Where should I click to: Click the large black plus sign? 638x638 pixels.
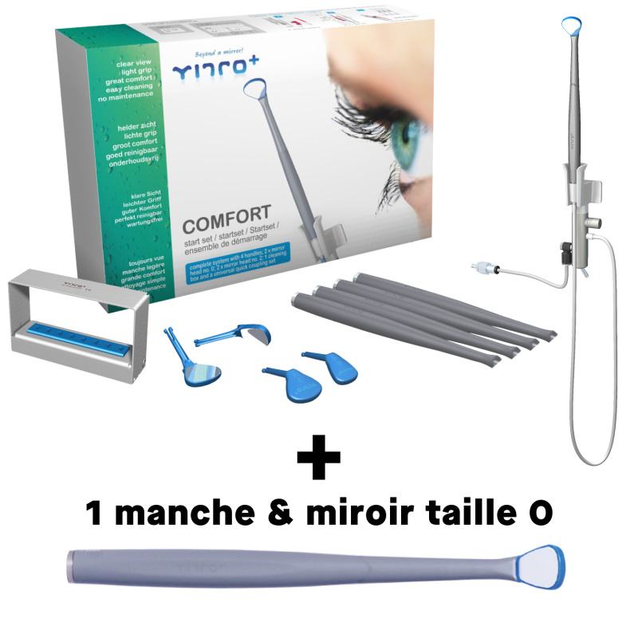click(x=318, y=457)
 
